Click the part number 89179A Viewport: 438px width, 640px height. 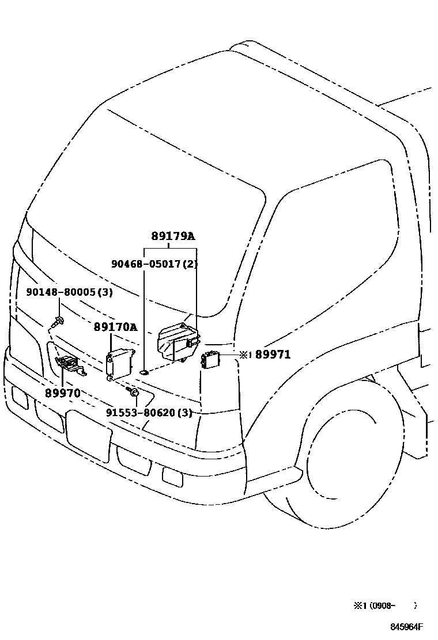(x=173, y=236)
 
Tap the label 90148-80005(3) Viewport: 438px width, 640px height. (x=69, y=292)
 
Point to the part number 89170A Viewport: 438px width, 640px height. (x=115, y=327)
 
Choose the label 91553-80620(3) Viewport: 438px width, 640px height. (x=149, y=413)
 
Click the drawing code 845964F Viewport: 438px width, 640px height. (x=406, y=627)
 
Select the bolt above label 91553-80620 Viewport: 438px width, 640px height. (x=133, y=393)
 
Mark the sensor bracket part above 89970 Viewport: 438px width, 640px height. (x=69, y=364)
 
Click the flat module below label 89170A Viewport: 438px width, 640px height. (x=119, y=361)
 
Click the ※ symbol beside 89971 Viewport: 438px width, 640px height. (x=243, y=355)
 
